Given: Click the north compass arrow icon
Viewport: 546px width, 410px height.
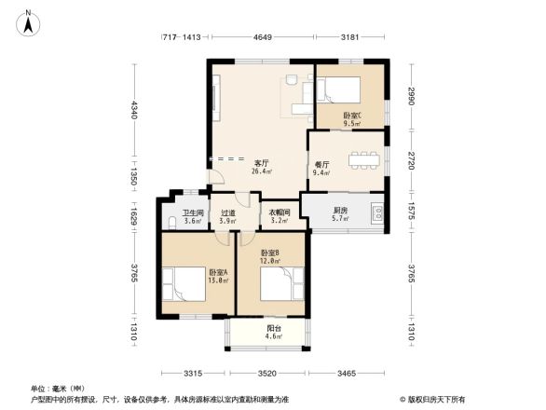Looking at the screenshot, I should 29,20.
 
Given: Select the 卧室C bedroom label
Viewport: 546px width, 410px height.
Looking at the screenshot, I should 351,116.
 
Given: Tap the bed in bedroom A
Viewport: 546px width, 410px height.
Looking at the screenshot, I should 184,286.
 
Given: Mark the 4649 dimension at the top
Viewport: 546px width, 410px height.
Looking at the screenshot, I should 262,37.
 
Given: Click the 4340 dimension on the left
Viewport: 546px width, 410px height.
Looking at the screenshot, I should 134,110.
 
